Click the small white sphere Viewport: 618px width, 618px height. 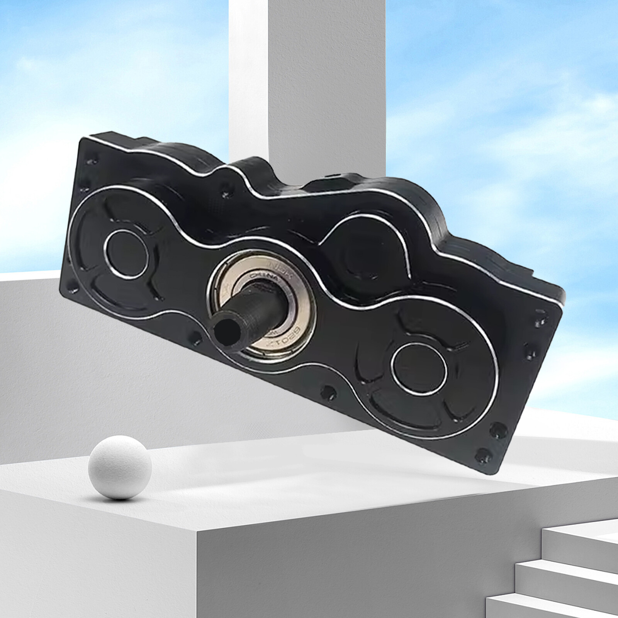[x=119, y=467]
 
